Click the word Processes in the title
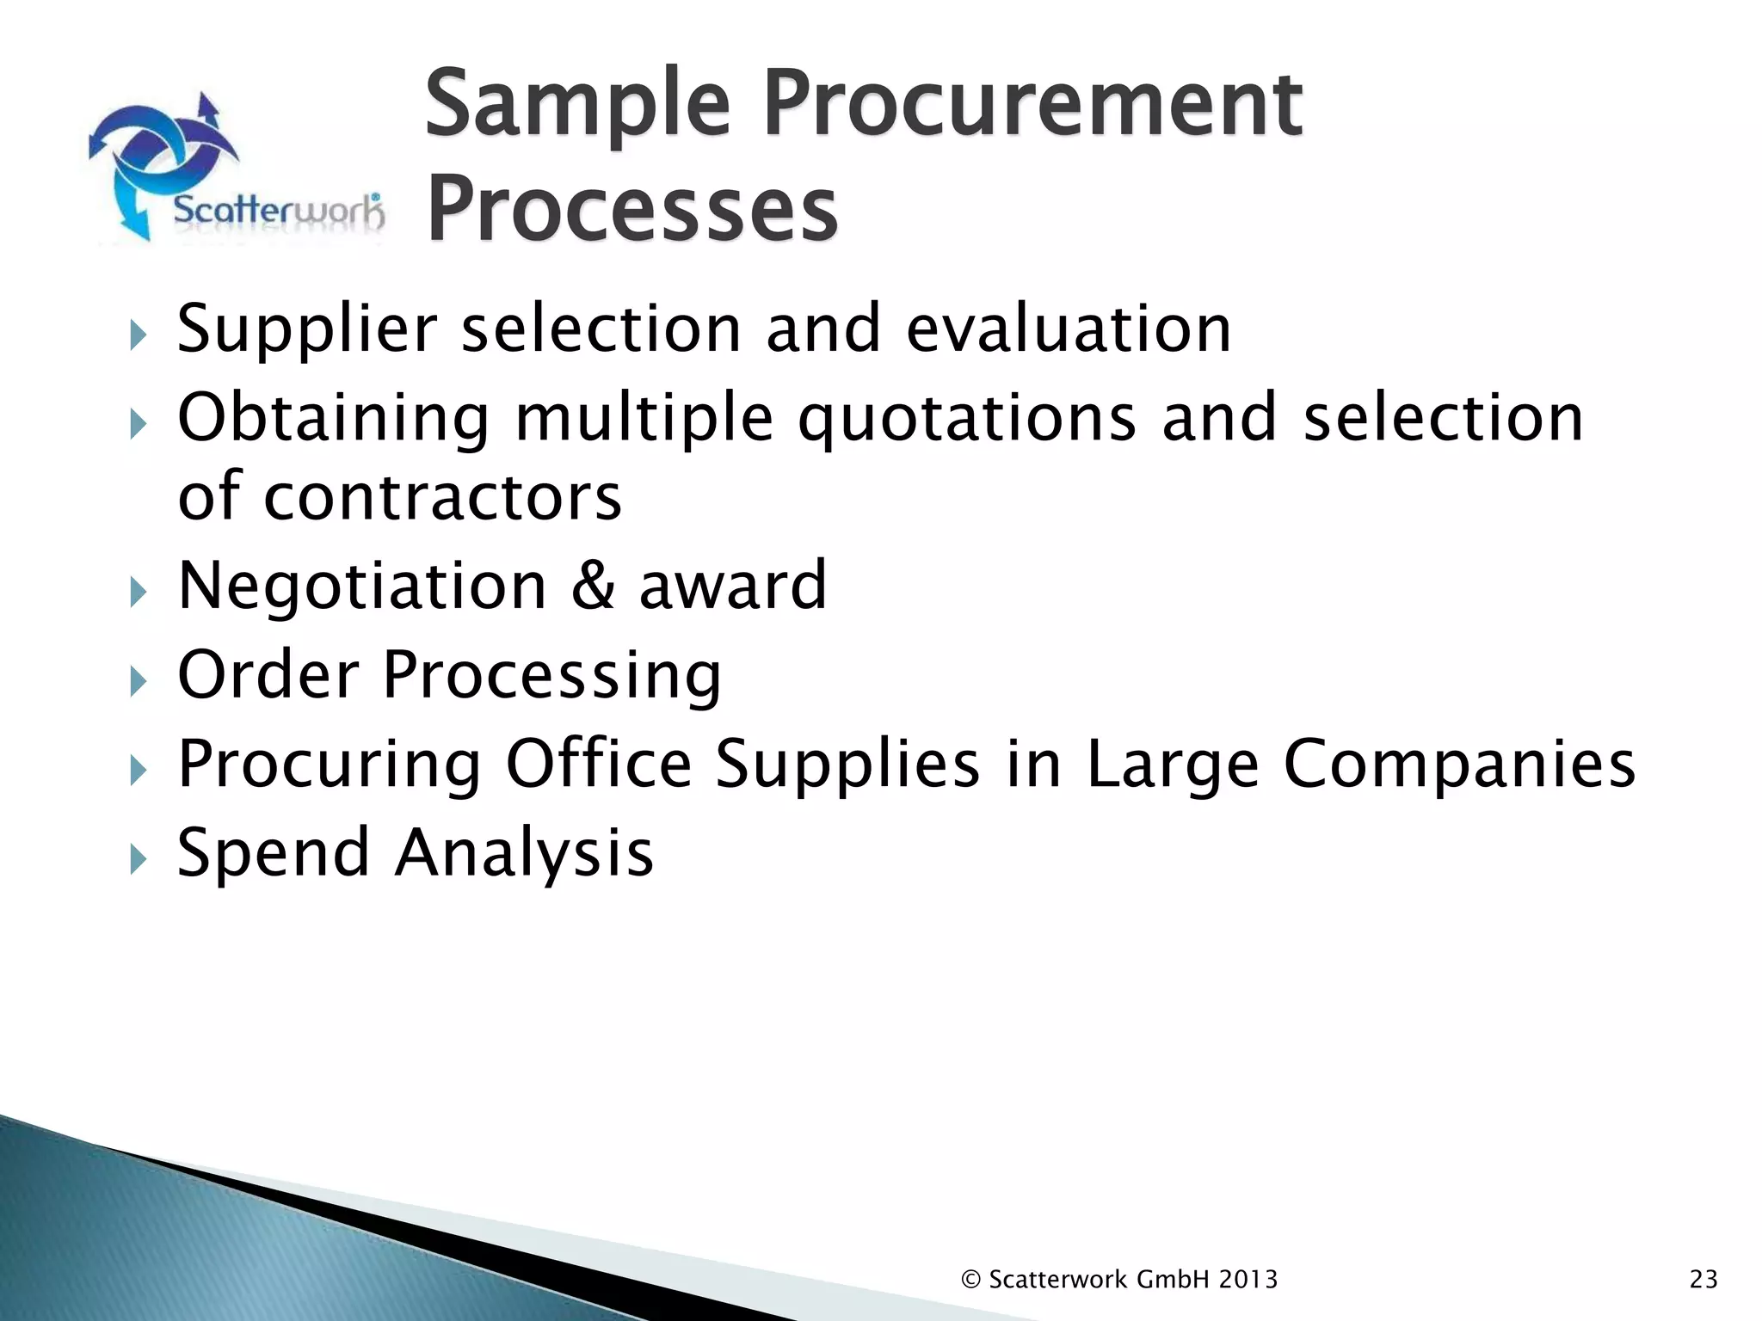[632, 209]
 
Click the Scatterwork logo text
[278, 210]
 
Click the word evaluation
[1069, 329]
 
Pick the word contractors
[442, 497]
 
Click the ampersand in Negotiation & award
[593, 586]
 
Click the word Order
[268, 675]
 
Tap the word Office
[599, 764]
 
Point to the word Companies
[1459, 764]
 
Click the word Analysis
[524, 853]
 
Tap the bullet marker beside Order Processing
[138, 680]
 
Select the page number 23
[1703, 1280]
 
